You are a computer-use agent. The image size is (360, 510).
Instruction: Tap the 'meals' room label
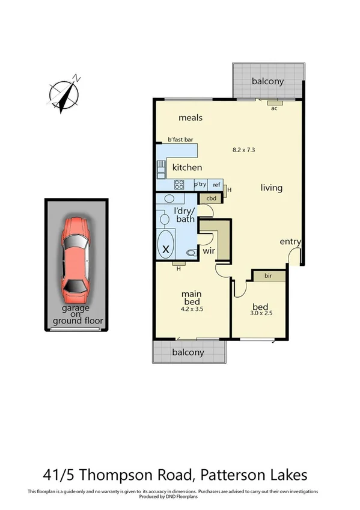[190, 118]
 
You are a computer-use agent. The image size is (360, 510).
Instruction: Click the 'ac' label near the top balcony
[273, 108]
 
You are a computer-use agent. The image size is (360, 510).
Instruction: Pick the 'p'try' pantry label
[200, 184]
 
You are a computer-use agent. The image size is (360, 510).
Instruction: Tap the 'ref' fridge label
[216, 184]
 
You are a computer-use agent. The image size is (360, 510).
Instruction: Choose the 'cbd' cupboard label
[212, 198]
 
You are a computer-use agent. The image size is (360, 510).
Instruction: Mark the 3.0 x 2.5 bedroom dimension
[261, 313]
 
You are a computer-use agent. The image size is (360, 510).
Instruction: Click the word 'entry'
[290, 242]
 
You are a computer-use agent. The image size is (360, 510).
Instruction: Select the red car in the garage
[76, 259]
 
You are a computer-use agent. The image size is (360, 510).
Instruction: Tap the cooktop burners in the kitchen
[179, 185]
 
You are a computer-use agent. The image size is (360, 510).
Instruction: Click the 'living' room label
[271, 188]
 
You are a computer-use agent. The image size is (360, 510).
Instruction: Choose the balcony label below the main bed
[188, 352]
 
